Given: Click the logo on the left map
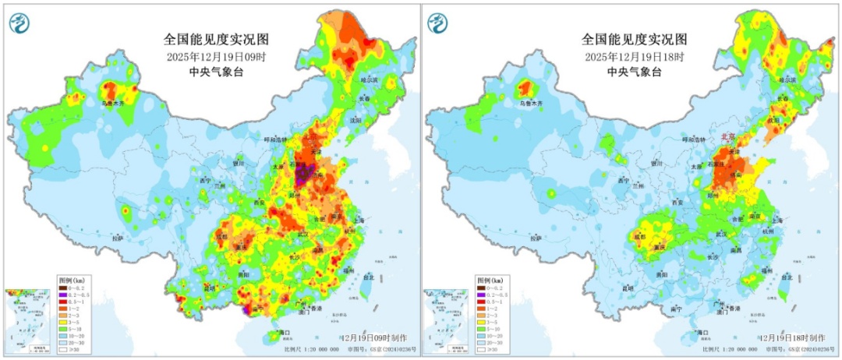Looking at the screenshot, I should point(19,23).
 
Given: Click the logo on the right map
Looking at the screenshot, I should point(437,23).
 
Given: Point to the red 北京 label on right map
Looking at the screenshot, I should point(730,136).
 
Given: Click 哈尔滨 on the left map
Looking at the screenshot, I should point(368,80).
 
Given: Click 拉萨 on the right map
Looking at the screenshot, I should point(535,238).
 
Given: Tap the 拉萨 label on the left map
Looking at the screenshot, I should point(117,238).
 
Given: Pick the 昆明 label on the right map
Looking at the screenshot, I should point(628,288).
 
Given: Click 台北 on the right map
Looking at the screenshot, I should point(787,277).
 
